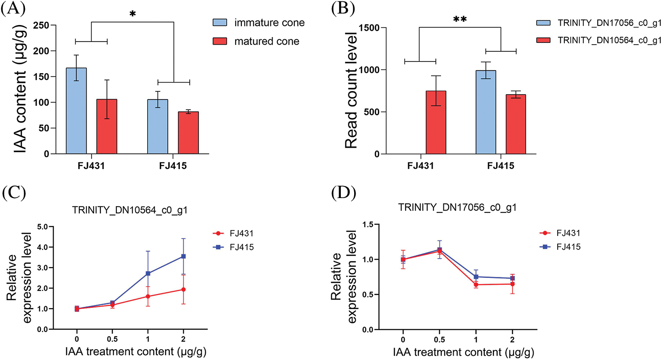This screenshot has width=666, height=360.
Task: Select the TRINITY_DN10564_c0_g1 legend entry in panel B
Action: (x=598, y=40)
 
